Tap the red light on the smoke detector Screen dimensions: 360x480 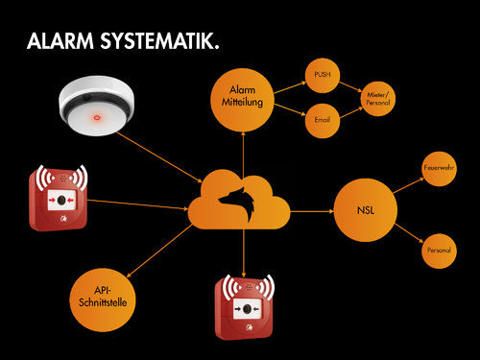coord(96,119)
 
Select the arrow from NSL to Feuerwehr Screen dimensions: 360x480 coord(407,182)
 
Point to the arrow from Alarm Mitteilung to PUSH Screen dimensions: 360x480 coord(289,84)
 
